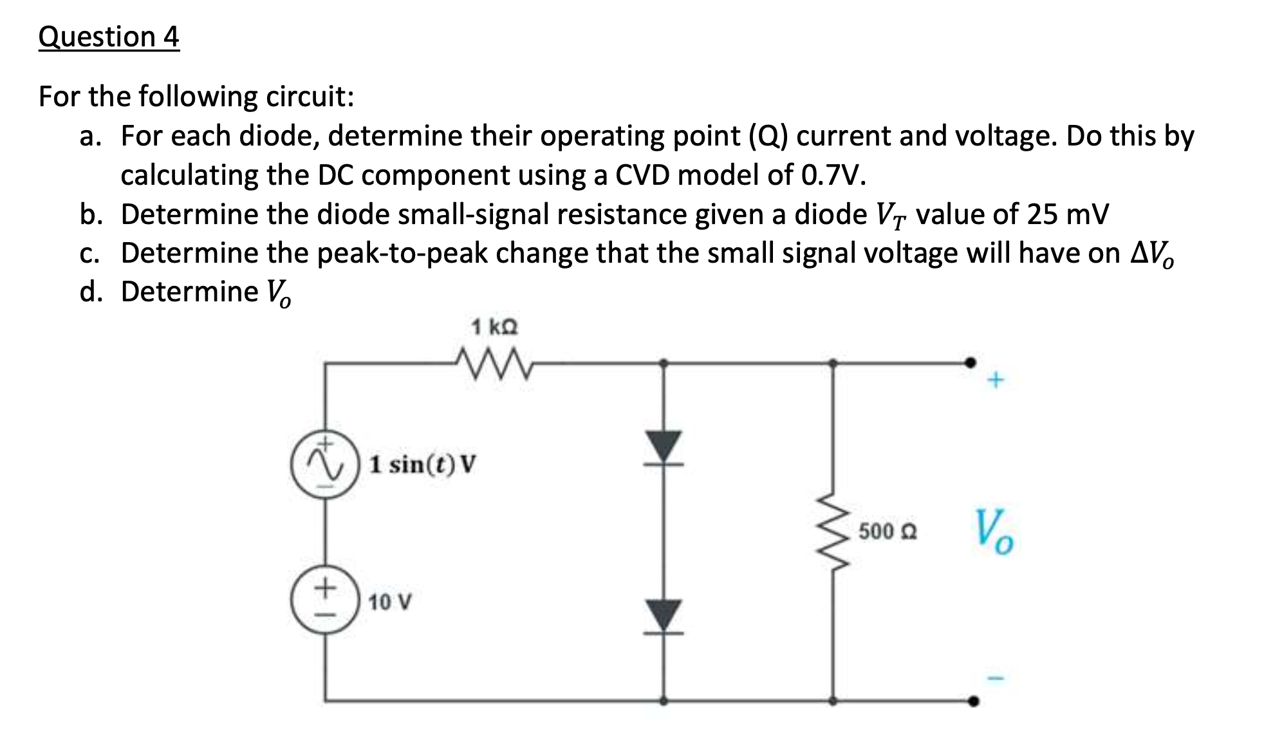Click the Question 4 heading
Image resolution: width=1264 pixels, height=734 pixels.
click(109, 37)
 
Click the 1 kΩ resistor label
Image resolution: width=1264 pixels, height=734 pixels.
click(494, 327)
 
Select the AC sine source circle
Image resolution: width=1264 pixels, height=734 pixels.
click(324, 465)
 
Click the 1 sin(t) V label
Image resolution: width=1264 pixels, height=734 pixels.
click(423, 464)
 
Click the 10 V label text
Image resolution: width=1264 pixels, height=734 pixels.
click(390, 602)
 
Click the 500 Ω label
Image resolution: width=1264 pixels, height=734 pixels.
click(888, 532)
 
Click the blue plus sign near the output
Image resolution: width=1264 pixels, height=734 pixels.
click(995, 381)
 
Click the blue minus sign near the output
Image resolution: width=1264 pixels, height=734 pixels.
click(995, 678)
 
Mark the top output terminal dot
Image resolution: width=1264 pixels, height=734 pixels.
click(971, 362)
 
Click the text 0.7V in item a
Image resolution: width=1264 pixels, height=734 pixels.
click(833, 174)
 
